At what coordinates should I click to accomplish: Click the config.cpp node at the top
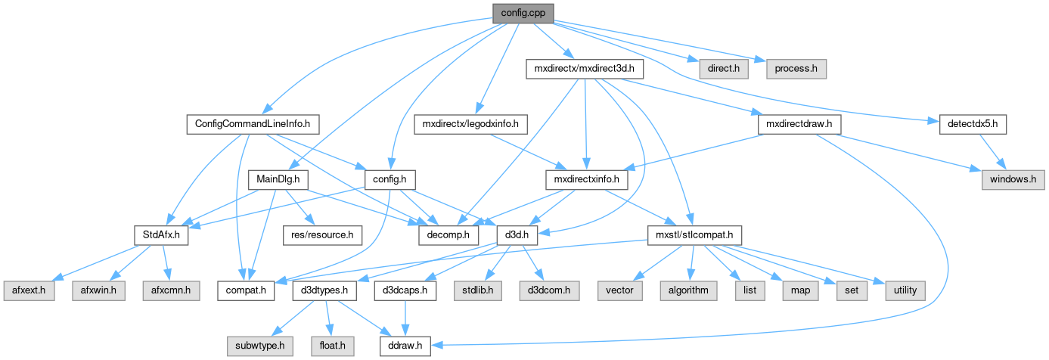[523, 13]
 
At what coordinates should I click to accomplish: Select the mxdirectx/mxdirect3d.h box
[585, 69]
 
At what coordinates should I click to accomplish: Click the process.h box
[796, 69]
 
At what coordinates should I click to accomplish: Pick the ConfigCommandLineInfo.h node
[253, 124]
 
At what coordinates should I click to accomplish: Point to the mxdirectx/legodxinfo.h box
[474, 124]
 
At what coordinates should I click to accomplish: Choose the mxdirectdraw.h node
[798, 124]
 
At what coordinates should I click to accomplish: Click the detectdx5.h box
[973, 124]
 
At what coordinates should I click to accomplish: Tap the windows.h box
[1013, 180]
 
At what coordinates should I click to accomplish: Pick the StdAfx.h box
[160, 235]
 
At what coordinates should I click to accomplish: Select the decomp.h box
[449, 235]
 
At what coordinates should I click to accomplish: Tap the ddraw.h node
[405, 346]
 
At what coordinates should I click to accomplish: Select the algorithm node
[687, 290]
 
